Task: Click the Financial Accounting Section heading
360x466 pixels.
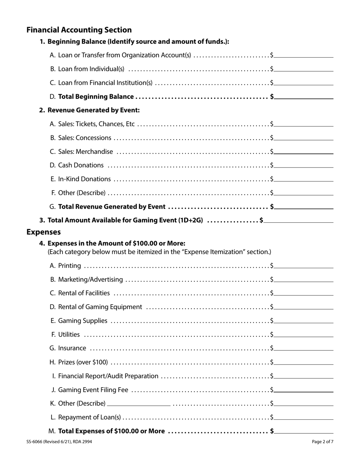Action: (x=79, y=30)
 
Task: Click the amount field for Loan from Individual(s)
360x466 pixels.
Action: (x=304, y=69)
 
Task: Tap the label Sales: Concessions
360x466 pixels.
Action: (x=85, y=138)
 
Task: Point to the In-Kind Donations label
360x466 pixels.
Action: (x=85, y=179)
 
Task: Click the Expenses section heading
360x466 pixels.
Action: (x=43, y=232)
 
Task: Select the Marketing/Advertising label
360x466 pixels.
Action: (x=91, y=280)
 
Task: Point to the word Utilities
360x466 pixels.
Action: (x=69, y=335)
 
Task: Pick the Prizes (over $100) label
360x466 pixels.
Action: (x=83, y=362)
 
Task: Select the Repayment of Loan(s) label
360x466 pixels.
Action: (x=89, y=417)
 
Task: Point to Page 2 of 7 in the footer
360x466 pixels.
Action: (x=322, y=442)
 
